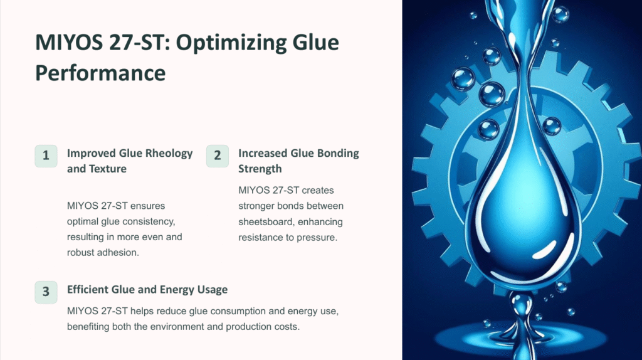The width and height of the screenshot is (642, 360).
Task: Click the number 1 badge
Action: coord(46,156)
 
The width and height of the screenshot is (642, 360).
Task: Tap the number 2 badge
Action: coord(218,156)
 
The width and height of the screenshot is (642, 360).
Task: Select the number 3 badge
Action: coord(46,292)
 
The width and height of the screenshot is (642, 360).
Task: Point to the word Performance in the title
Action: coord(100,73)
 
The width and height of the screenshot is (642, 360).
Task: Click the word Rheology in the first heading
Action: coord(169,154)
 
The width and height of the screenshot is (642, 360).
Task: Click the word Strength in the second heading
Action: coord(260,169)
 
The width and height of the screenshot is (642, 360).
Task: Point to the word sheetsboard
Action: coord(265,221)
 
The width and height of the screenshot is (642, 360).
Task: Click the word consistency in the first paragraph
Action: coord(146,221)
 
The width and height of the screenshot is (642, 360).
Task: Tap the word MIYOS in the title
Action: coord(69,43)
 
